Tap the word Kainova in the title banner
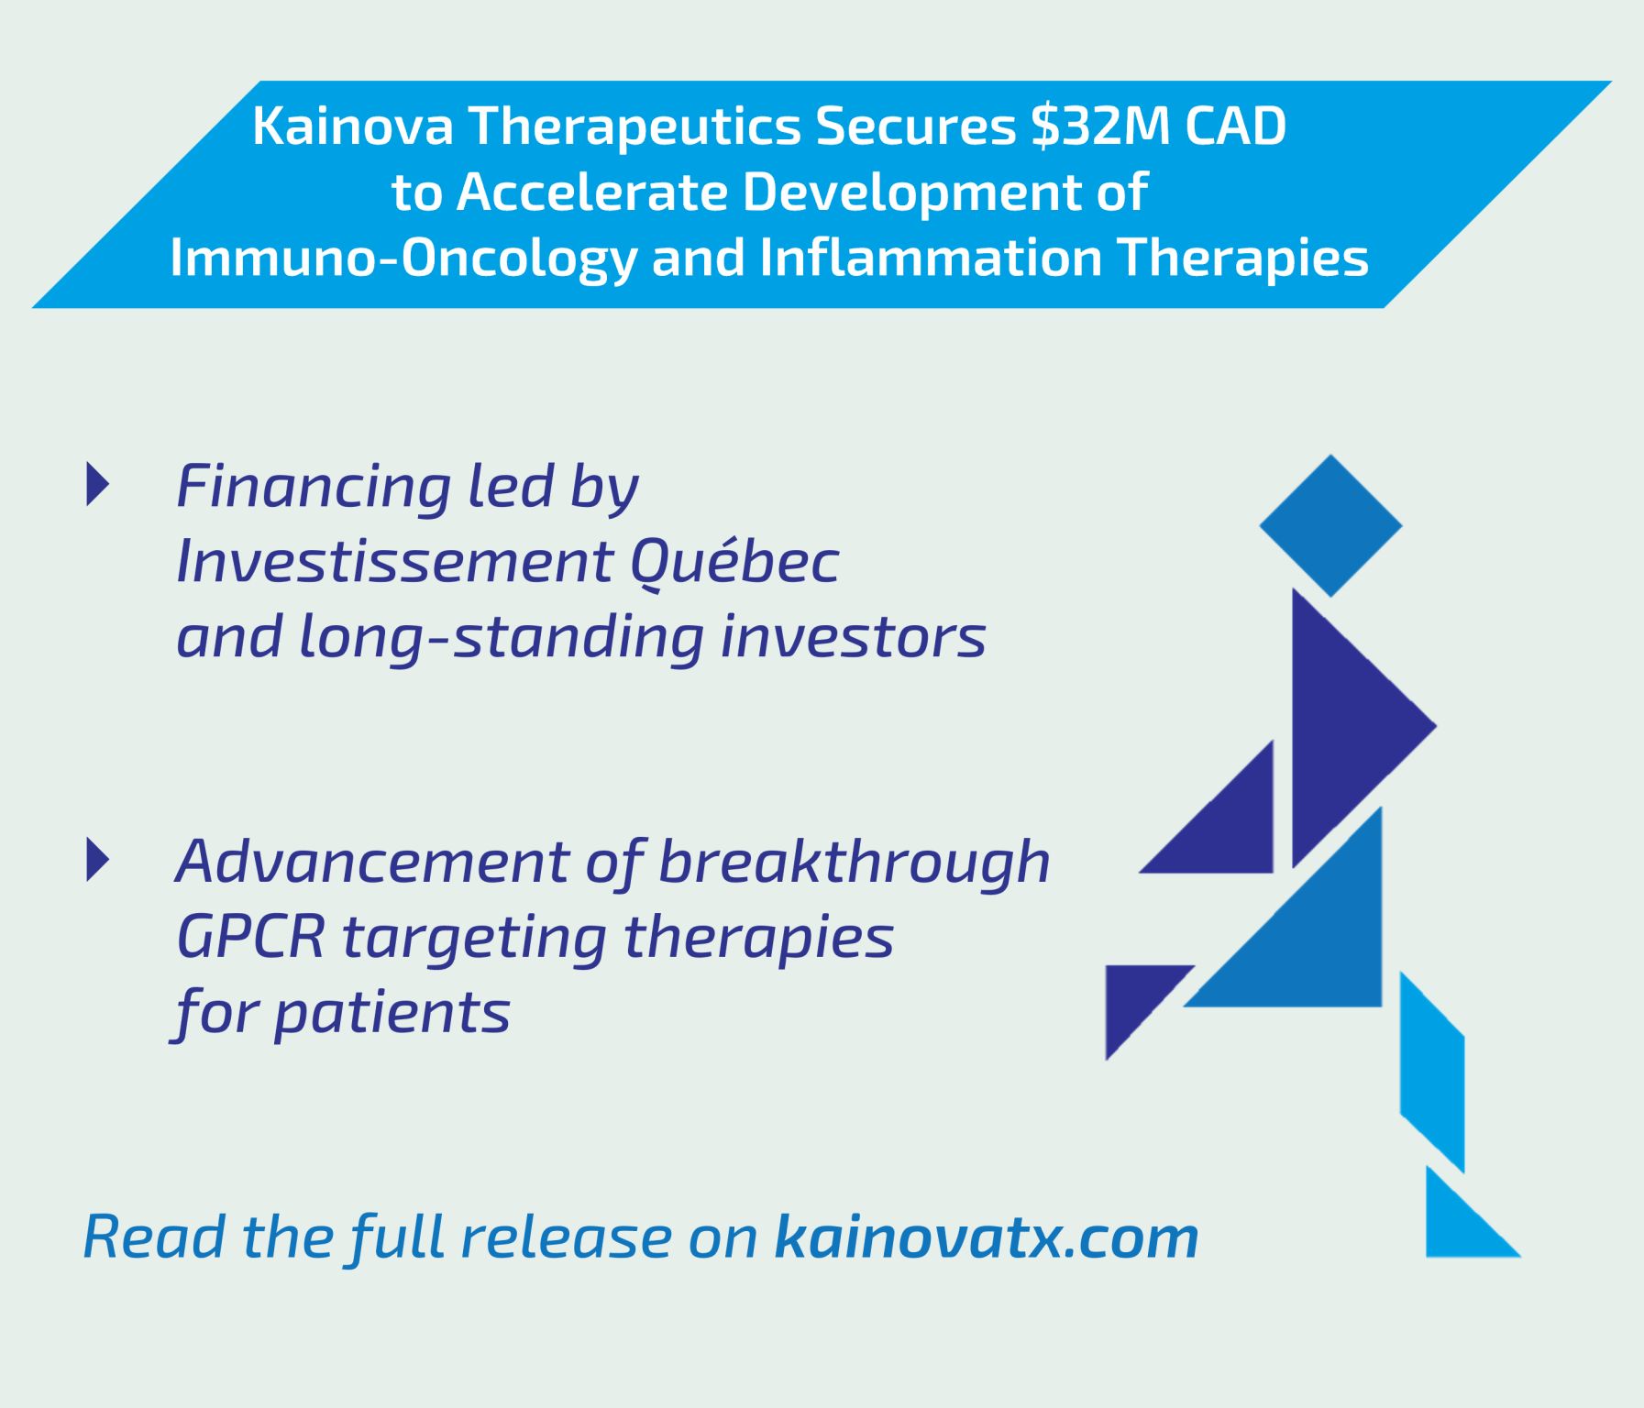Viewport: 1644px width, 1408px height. click(353, 126)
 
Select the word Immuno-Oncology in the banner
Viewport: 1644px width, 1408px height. click(403, 258)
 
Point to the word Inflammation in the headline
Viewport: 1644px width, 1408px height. click(930, 258)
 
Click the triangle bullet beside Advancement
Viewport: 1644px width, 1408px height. click(97, 859)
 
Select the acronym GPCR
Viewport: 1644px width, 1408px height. click(250, 937)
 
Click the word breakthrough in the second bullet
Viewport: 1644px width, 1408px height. click(855, 863)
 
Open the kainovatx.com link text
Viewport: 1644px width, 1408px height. click(987, 1237)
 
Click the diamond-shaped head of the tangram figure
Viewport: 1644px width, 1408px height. click(1330, 525)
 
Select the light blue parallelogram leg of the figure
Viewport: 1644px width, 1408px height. click(1432, 1072)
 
